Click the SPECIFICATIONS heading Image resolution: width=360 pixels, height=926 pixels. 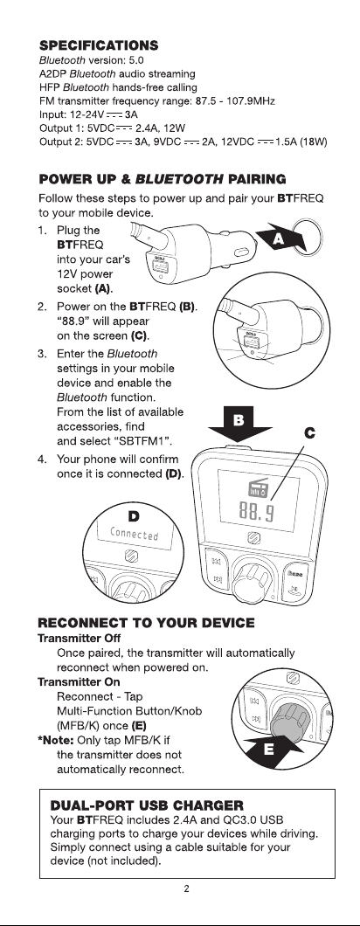coord(98,45)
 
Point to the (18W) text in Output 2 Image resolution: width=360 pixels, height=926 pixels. coord(314,142)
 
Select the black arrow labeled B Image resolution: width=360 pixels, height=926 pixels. coord(239,424)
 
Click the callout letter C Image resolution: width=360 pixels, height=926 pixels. coord(309,433)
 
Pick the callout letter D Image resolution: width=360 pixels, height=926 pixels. coord(135,517)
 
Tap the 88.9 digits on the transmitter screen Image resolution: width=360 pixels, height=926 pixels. coord(257,511)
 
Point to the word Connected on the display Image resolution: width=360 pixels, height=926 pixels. coord(135,533)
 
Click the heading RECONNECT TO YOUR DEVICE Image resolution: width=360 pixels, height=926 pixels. coord(147,623)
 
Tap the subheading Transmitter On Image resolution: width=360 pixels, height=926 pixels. coord(79,681)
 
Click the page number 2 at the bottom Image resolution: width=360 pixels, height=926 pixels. coord(187,888)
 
